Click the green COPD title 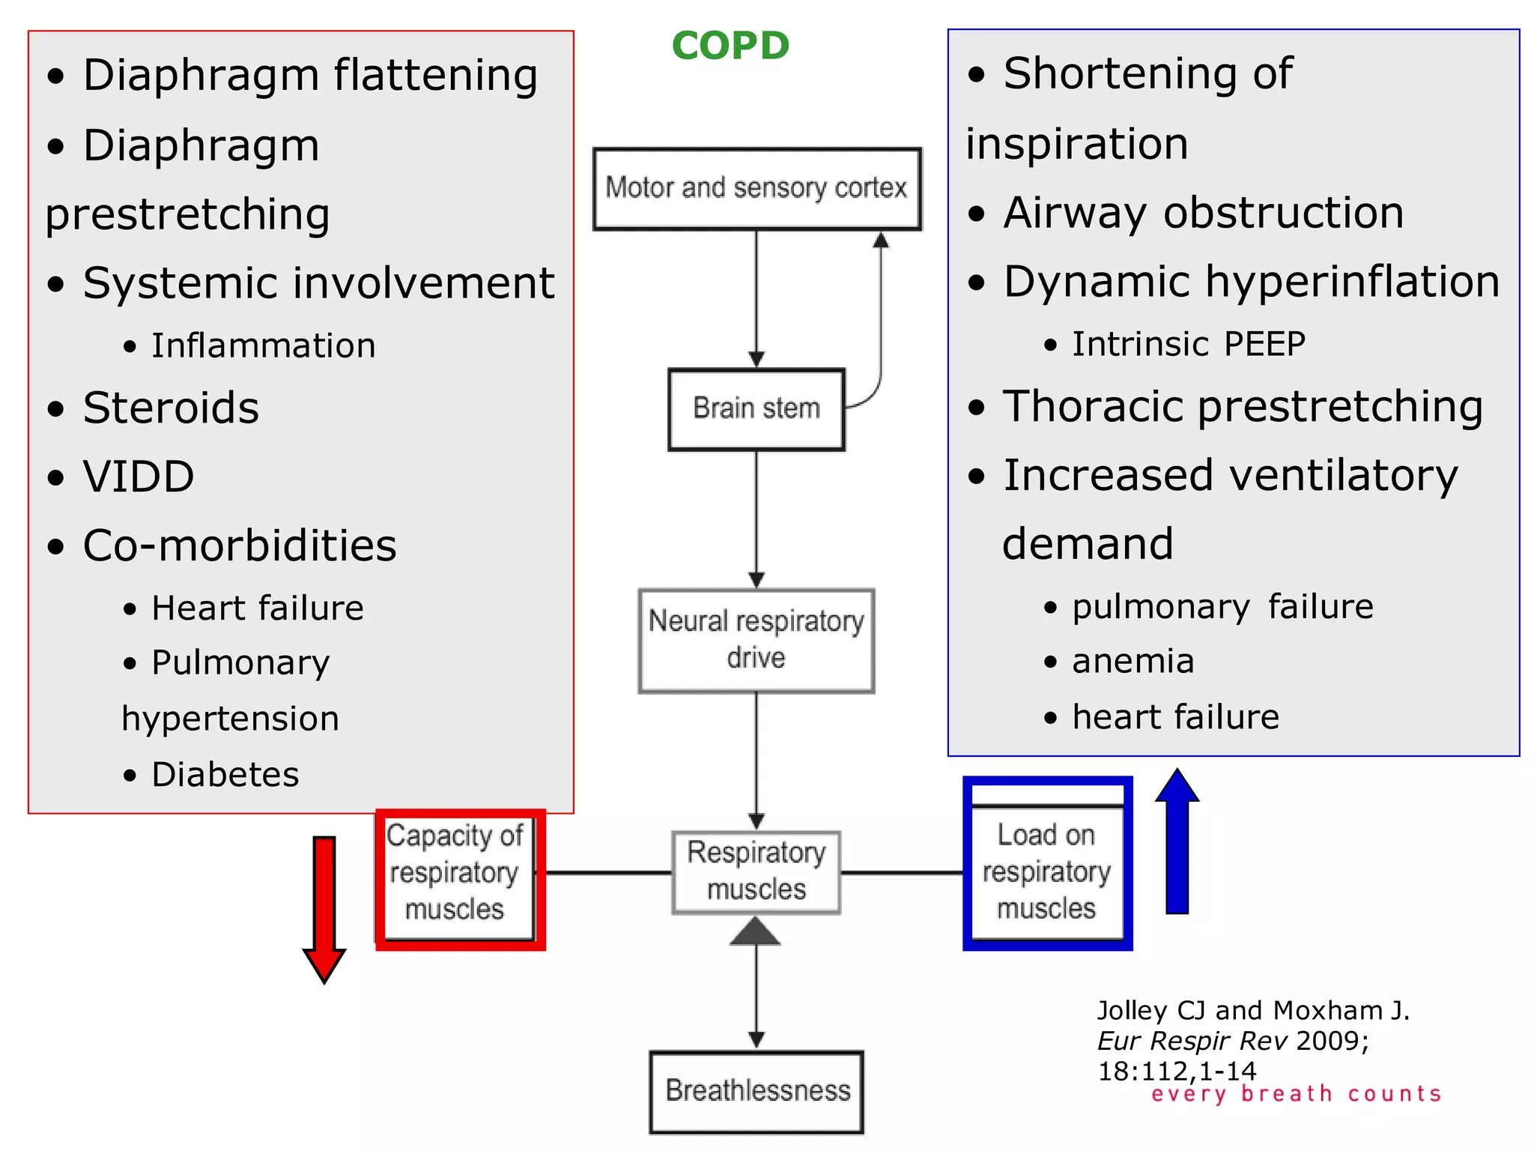pos(730,46)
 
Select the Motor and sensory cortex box pos(757,188)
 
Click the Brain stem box pos(757,409)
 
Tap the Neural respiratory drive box pos(757,640)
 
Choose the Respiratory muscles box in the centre pos(757,871)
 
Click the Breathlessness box pos(757,1091)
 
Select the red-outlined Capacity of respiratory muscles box pos(459,879)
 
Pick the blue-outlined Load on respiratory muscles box pos(1047,869)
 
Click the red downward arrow pos(324,907)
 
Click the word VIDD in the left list pos(139,477)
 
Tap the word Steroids pos(171,408)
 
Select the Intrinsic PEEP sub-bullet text pos(1188,345)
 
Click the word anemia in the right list pos(1133,662)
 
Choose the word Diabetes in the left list pos(225,775)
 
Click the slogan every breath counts pos(1296,1094)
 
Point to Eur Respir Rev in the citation pos(1192,1041)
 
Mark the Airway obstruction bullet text pos(1203,214)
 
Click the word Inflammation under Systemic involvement pos(263,346)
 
